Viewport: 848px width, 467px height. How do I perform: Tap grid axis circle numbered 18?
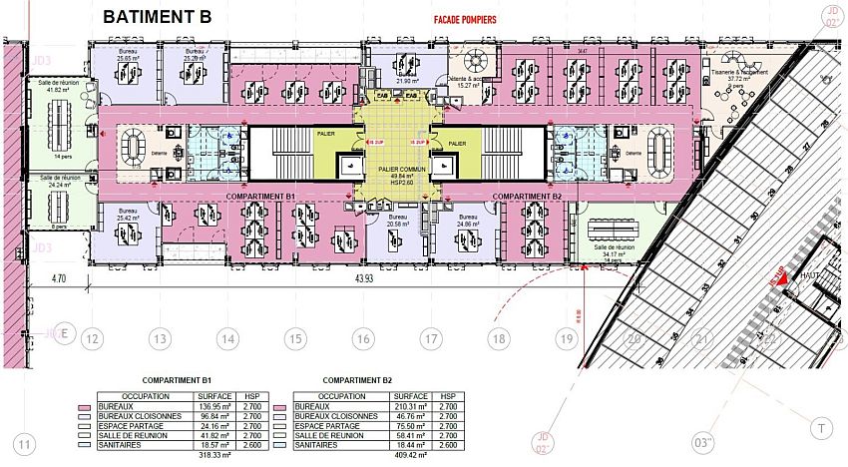[x=498, y=339]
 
